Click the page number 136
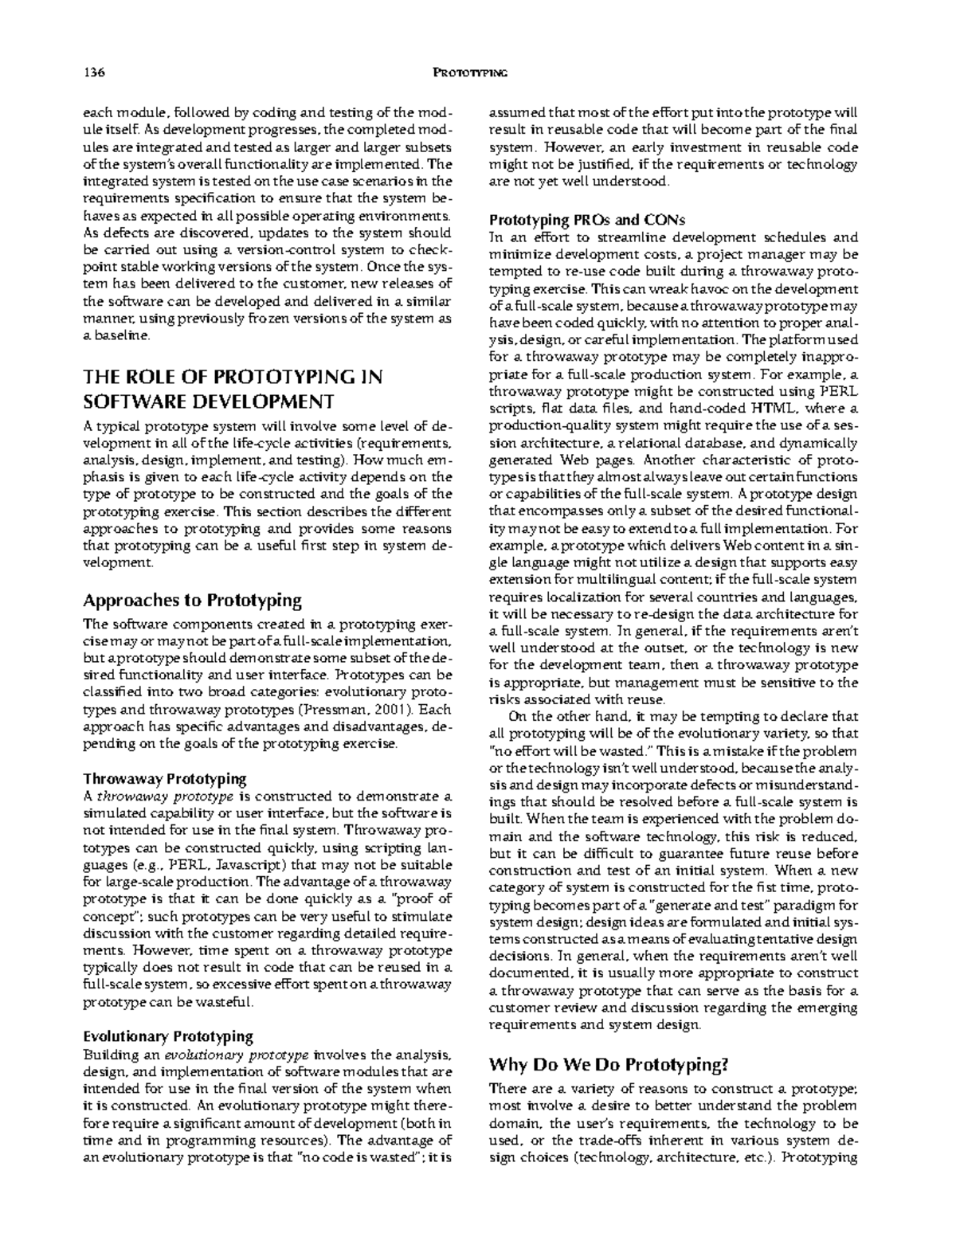click(x=94, y=73)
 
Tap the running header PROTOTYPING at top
click(x=470, y=73)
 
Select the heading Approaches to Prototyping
click(x=192, y=600)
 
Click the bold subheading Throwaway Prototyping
click(x=165, y=778)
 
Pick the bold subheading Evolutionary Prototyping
click(x=168, y=1036)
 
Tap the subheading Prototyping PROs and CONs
click(x=587, y=220)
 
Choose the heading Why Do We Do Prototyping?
click(x=609, y=1064)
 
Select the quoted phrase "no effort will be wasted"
click(x=570, y=751)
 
